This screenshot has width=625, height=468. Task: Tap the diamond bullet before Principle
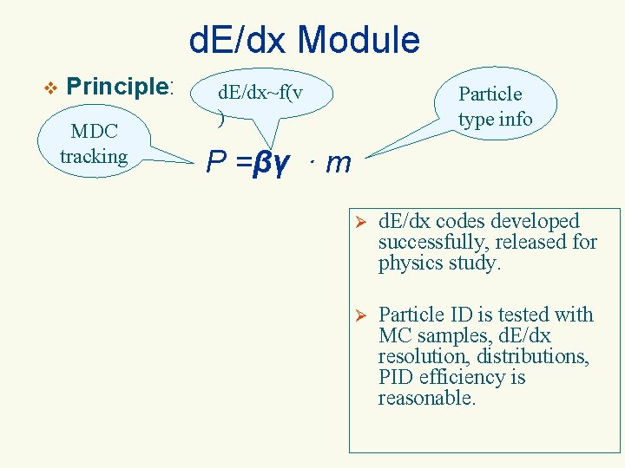pos(49,87)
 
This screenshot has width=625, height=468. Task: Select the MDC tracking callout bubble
pos(94,144)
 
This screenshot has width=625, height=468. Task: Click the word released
pos(536,243)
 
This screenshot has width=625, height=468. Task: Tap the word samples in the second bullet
pos(442,335)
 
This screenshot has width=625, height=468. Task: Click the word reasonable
pos(426,398)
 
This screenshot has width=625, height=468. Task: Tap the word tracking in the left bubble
pos(94,156)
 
